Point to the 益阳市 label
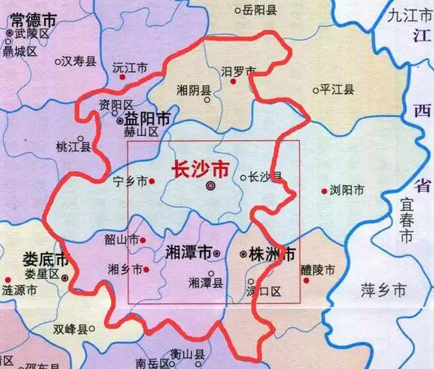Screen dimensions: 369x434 click(148, 118)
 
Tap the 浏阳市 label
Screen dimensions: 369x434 click(347, 190)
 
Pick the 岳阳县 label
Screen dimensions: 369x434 click(260, 10)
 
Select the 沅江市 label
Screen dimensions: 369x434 click(130, 67)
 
